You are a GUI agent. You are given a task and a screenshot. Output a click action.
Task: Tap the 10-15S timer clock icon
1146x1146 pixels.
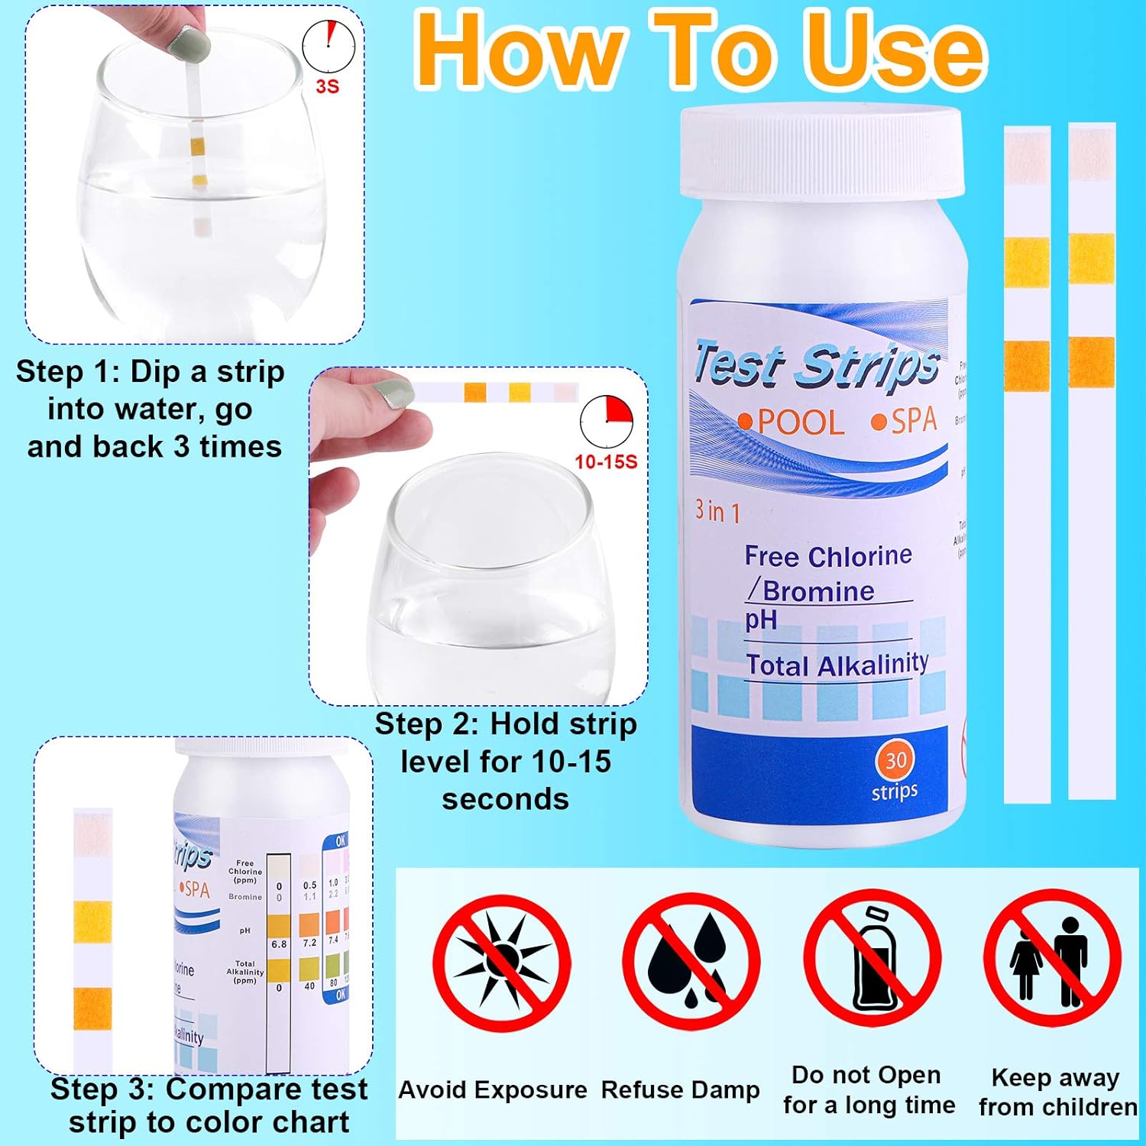point(607,421)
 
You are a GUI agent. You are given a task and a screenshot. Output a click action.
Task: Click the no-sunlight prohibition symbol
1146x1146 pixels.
point(502,960)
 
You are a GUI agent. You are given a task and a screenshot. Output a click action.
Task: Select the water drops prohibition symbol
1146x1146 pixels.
point(691,960)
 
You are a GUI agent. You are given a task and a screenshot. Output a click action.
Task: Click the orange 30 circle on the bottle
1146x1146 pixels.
point(895,760)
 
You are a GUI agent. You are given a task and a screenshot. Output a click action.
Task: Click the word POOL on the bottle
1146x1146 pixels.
point(800,422)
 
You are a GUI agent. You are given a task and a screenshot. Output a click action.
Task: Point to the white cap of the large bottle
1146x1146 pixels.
point(821,151)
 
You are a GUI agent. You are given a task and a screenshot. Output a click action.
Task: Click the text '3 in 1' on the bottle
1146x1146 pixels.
point(717,510)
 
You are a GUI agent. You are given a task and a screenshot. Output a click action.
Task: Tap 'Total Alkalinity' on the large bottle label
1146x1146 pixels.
point(837,665)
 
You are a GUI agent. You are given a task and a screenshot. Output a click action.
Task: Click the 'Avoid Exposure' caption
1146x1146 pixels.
point(493,1089)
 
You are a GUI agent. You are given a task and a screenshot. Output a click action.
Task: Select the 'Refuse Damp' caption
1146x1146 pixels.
point(680,1089)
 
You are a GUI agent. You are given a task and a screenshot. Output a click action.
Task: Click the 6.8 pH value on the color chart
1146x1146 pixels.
point(279,944)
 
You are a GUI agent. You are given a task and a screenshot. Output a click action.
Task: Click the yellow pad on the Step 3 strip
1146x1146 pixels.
point(92,921)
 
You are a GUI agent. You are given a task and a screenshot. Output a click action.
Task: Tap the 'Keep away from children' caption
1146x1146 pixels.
point(1057,1092)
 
